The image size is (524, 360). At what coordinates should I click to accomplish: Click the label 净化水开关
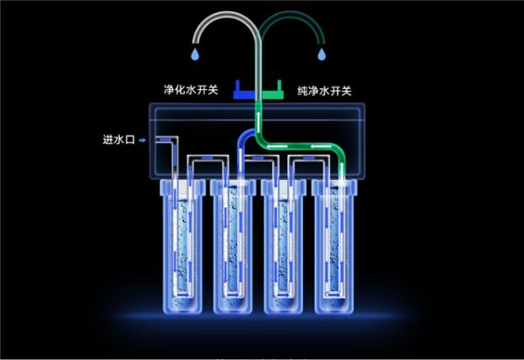(190, 90)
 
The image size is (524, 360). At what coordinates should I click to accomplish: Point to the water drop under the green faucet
(323, 54)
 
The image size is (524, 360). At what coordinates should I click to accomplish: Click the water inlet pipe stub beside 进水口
(163, 139)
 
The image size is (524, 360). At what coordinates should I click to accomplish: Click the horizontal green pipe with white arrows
(297, 145)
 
